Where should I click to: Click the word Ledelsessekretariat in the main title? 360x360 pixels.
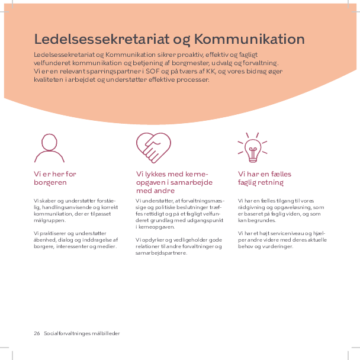(102, 40)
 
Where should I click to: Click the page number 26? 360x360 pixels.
(37, 333)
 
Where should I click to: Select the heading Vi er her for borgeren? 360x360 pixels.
(55, 178)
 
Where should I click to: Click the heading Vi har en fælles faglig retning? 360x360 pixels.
(264, 178)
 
